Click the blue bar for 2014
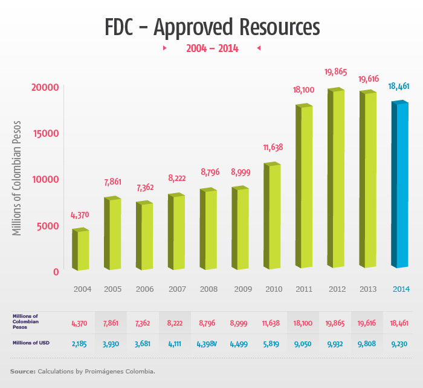click(x=399, y=185)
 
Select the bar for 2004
click(x=81, y=249)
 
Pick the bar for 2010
click(x=272, y=216)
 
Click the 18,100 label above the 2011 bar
click(x=303, y=90)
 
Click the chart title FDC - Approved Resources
click(x=211, y=27)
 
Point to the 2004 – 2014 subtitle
click(x=211, y=48)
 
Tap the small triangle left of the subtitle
click(x=165, y=48)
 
